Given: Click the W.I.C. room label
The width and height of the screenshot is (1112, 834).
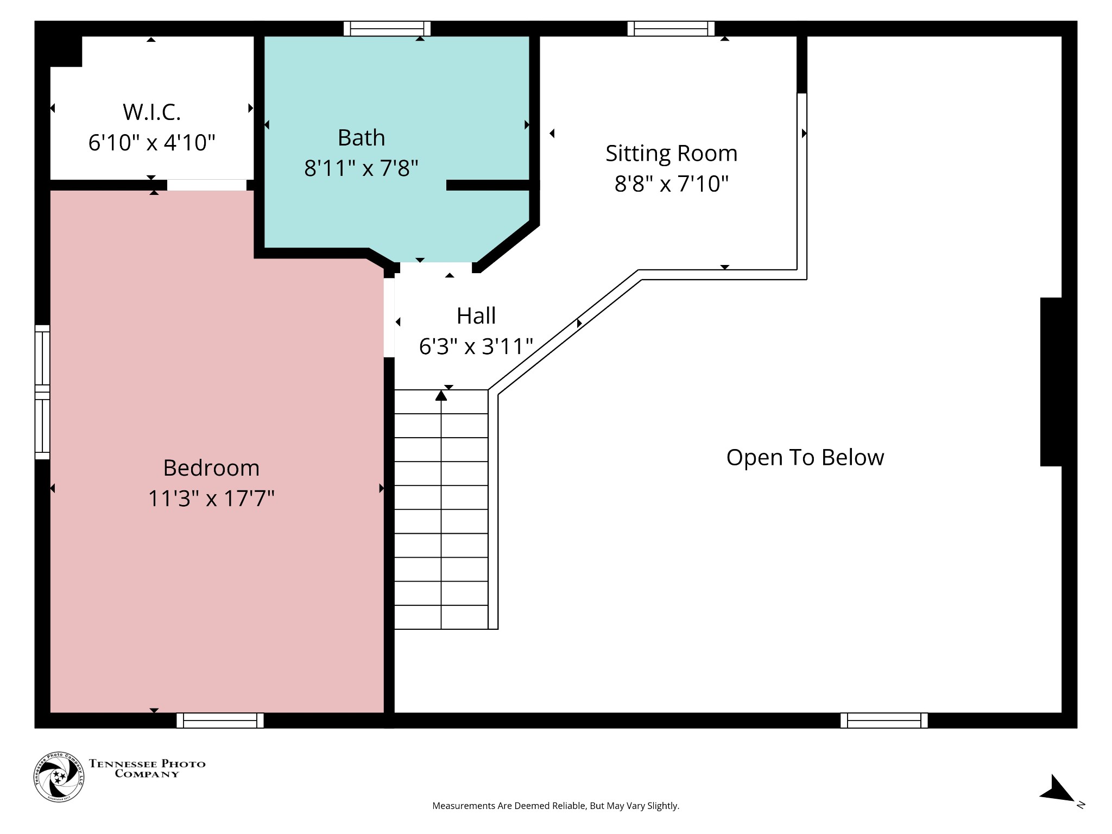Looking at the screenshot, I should (x=151, y=112).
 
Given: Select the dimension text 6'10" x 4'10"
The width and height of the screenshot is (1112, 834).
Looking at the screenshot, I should (x=151, y=143).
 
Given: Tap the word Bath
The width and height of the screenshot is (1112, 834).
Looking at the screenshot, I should (x=361, y=138).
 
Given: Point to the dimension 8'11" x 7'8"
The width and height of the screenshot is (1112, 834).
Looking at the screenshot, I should (x=361, y=168).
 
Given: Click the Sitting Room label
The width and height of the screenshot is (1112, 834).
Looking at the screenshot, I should (x=671, y=154).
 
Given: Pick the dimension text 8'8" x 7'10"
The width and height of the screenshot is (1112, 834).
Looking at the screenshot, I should (x=671, y=184).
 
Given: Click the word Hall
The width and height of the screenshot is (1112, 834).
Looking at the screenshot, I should (x=476, y=316).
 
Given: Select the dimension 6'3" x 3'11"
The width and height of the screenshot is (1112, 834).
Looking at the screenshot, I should (x=476, y=346).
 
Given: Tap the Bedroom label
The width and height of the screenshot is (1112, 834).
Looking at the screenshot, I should (x=211, y=468).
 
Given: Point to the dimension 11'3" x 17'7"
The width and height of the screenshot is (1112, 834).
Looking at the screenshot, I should (x=211, y=498).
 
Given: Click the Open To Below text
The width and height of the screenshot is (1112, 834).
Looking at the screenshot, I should (x=805, y=458).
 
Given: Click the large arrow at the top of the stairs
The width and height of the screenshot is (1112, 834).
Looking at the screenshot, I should (x=441, y=396).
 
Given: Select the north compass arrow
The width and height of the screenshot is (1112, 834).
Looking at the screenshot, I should (x=1056, y=790).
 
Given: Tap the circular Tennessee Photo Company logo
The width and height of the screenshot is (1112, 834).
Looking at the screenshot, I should (x=59, y=777).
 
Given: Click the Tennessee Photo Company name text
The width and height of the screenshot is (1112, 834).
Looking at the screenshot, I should (x=147, y=768).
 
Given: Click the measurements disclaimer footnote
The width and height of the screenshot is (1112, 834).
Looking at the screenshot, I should (x=555, y=806).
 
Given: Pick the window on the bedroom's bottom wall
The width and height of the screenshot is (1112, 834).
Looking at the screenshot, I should (x=220, y=721).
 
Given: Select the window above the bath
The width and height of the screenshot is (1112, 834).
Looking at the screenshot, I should (x=387, y=28).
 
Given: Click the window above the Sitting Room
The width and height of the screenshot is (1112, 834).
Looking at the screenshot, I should (x=671, y=28).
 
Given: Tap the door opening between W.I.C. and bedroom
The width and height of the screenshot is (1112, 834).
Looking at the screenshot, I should (x=206, y=185).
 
